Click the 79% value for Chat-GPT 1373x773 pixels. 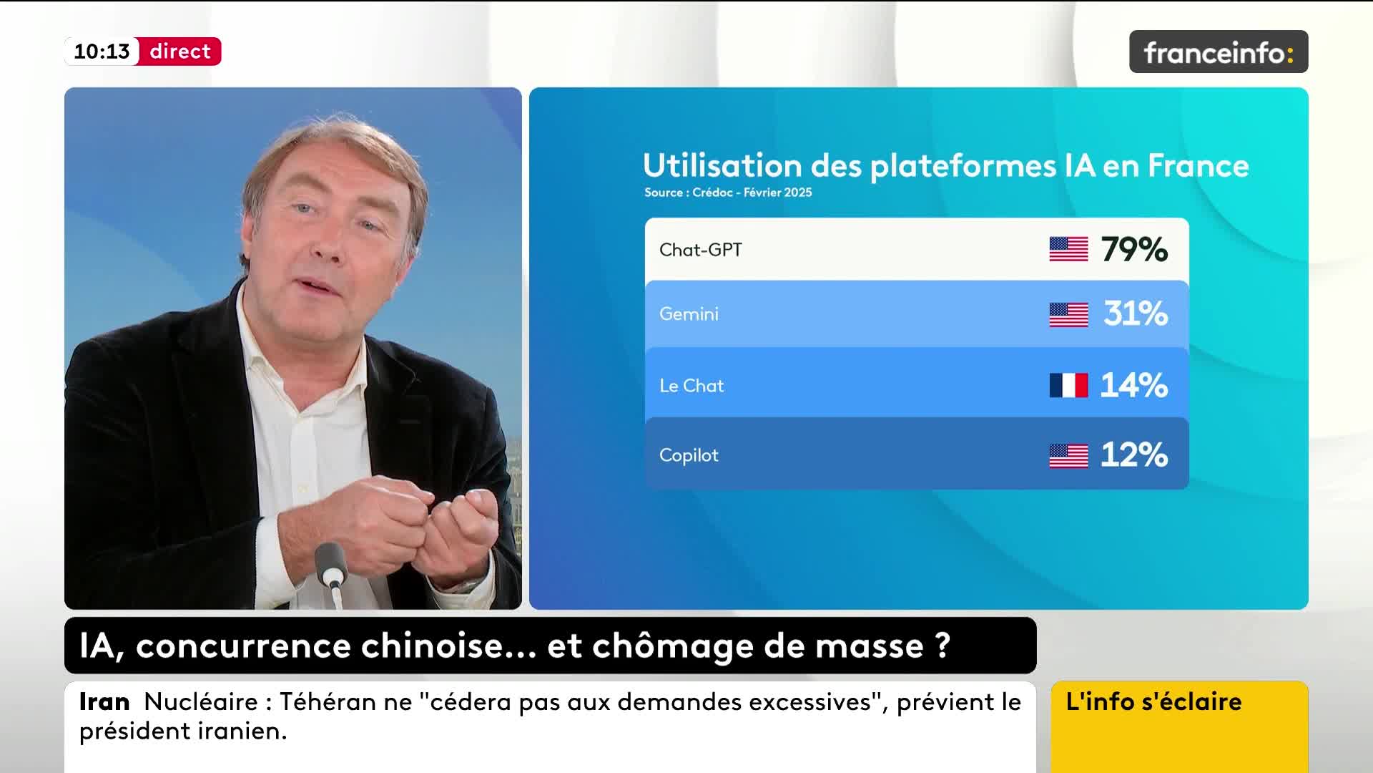pyautogui.click(x=1134, y=250)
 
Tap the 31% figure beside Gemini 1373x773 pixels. pyautogui.click(x=1136, y=313)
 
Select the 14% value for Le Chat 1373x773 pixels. pyautogui.click(x=1133, y=385)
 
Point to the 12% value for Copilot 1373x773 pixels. pyautogui.click(x=1133, y=454)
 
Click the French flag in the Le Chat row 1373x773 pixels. pyautogui.click(x=1068, y=385)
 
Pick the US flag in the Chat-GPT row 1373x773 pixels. pyautogui.click(x=1068, y=249)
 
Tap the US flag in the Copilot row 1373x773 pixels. pyautogui.click(x=1068, y=456)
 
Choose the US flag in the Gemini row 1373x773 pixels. pyautogui.click(x=1068, y=315)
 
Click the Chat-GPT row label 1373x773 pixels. pyautogui.click(x=701, y=250)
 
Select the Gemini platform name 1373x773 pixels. pyautogui.click(x=689, y=313)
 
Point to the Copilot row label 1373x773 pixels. pyautogui.click(x=689, y=455)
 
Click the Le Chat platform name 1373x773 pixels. pyautogui.click(x=692, y=385)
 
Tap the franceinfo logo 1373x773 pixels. pyautogui.click(x=1219, y=52)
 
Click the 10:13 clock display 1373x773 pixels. pyautogui.click(x=102, y=52)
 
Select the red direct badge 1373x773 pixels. pyautogui.click(x=180, y=52)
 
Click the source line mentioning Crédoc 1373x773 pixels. pyautogui.click(x=728, y=192)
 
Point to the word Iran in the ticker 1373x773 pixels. pyautogui.click(x=104, y=701)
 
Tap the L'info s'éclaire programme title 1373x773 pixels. pyautogui.click(x=1153, y=701)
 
